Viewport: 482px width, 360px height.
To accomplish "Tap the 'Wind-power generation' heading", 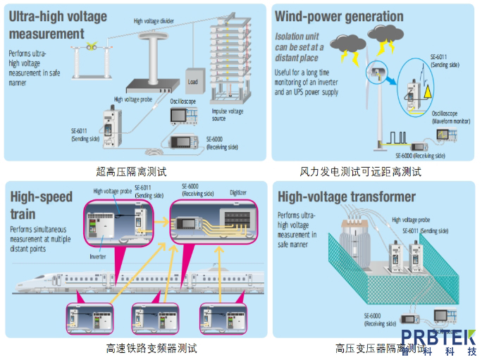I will click(x=339, y=16).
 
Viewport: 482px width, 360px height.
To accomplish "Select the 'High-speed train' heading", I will click(x=41, y=205).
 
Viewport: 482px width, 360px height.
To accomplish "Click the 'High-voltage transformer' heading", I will click(x=347, y=197).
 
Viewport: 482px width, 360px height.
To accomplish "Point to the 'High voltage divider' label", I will click(x=154, y=21).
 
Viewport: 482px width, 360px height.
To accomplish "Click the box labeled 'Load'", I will click(x=194, y=81).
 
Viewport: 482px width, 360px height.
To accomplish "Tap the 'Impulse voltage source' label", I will click(x=229, y=114).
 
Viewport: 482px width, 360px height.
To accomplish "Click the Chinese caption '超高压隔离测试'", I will click(x=132, y=170).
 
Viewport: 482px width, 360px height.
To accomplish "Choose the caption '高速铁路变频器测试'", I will click(x=152, y=348).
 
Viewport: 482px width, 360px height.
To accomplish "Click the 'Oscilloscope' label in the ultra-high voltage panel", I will click(x=183, y=101).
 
